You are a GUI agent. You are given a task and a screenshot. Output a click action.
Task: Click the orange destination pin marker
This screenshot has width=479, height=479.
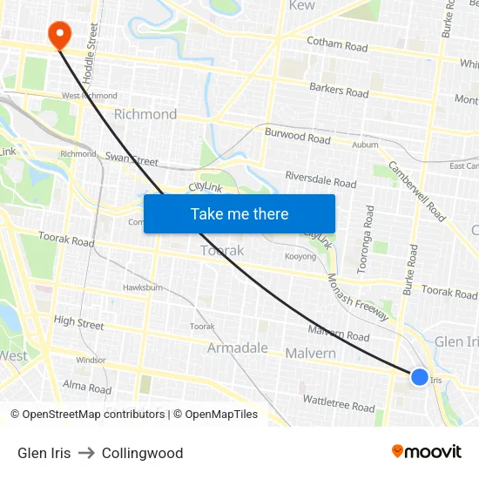tap(59, 35)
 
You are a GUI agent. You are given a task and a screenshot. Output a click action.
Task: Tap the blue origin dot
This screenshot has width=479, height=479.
tap(420, 376)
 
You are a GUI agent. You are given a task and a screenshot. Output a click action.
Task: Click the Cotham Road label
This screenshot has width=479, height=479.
tap(337, 44)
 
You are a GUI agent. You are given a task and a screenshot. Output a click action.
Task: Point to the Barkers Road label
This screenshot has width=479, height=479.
tap(339, 90)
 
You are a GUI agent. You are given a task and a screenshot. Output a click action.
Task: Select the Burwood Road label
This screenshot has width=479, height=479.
tap(298, 138)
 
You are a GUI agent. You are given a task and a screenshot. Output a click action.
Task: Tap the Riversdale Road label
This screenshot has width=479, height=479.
tap(320, 179)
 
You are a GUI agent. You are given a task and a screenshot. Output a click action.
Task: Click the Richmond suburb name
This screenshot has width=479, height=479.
tap(145, 114)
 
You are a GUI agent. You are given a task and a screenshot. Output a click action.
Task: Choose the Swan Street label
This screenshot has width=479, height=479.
tap(132, 160)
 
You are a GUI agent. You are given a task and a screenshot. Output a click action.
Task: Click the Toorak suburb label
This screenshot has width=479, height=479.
tap(222, 250)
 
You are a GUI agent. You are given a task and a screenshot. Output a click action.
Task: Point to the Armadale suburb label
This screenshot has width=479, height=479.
tap(238, 347)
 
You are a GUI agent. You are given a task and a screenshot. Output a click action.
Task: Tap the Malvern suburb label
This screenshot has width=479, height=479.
tap(311, 354)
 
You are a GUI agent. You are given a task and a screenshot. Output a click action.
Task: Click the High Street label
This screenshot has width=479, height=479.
tap(78, 322)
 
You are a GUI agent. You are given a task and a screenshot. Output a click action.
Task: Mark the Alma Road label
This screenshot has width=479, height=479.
tap(87, 388)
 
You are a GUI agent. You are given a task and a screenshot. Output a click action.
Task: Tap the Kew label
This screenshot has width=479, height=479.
tap(301, 6)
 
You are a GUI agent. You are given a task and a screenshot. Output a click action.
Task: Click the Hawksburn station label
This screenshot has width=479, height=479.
tap(143, 287)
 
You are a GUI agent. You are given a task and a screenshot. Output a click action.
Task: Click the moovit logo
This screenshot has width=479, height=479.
tap(427, 452)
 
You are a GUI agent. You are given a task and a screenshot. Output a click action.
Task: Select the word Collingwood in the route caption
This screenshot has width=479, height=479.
tap(142, 453)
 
